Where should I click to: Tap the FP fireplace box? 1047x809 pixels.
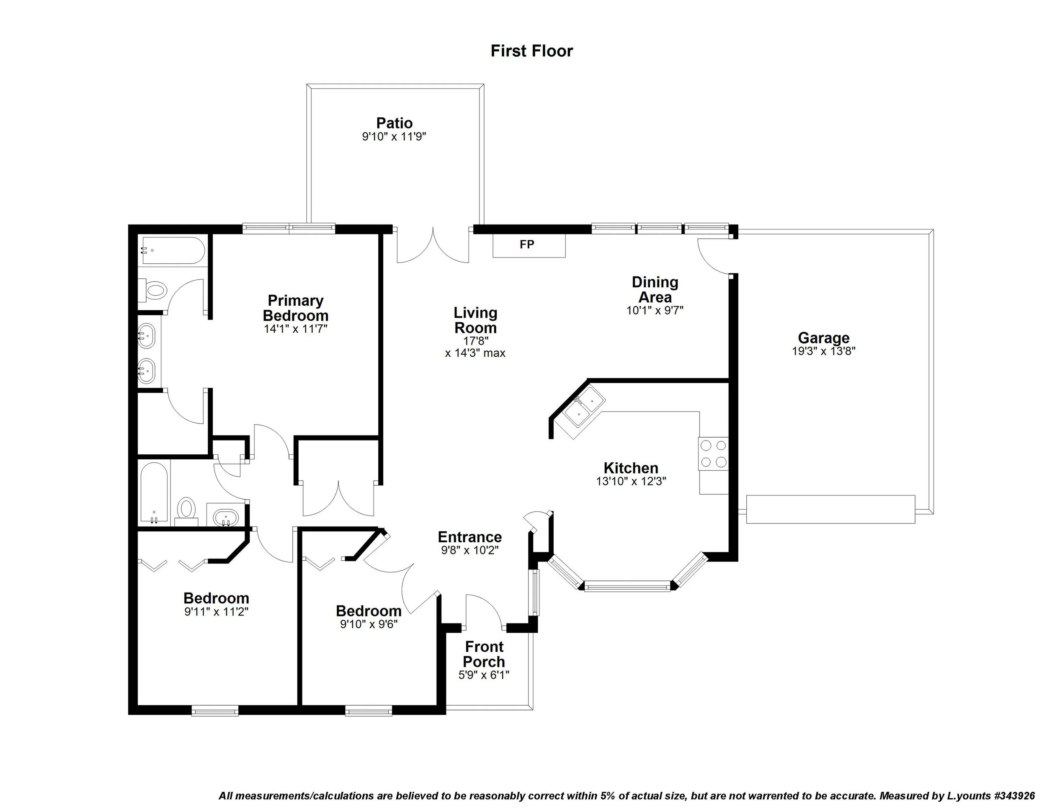point(529,245)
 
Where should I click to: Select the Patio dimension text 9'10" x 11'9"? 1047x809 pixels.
point(394,137)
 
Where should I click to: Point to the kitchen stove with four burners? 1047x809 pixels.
point(713,454)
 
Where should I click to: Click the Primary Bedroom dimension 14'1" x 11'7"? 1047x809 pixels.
point(295,329)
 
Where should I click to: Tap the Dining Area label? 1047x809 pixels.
point(655,289)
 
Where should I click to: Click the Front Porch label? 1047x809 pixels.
point(484,654)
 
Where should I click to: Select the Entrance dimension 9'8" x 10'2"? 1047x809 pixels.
point(470,551)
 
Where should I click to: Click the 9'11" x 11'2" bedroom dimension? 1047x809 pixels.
point(216,612)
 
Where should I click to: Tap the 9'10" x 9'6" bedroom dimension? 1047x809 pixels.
point(369,624)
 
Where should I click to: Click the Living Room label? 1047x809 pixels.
point(476,321)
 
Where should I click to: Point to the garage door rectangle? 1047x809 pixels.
point(830,510)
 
